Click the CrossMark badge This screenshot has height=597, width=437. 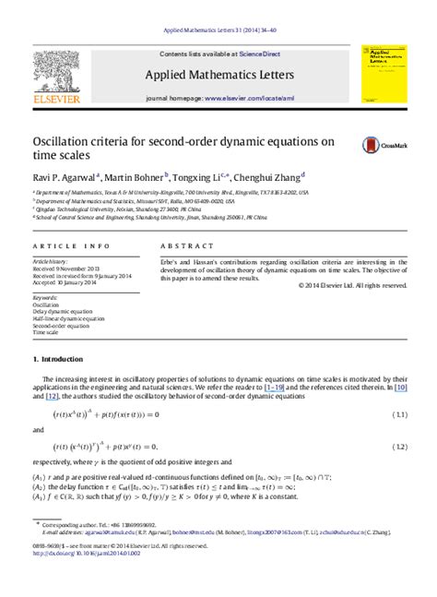(x=379, y=145)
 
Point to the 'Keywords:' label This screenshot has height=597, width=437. (x=45, y=298)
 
